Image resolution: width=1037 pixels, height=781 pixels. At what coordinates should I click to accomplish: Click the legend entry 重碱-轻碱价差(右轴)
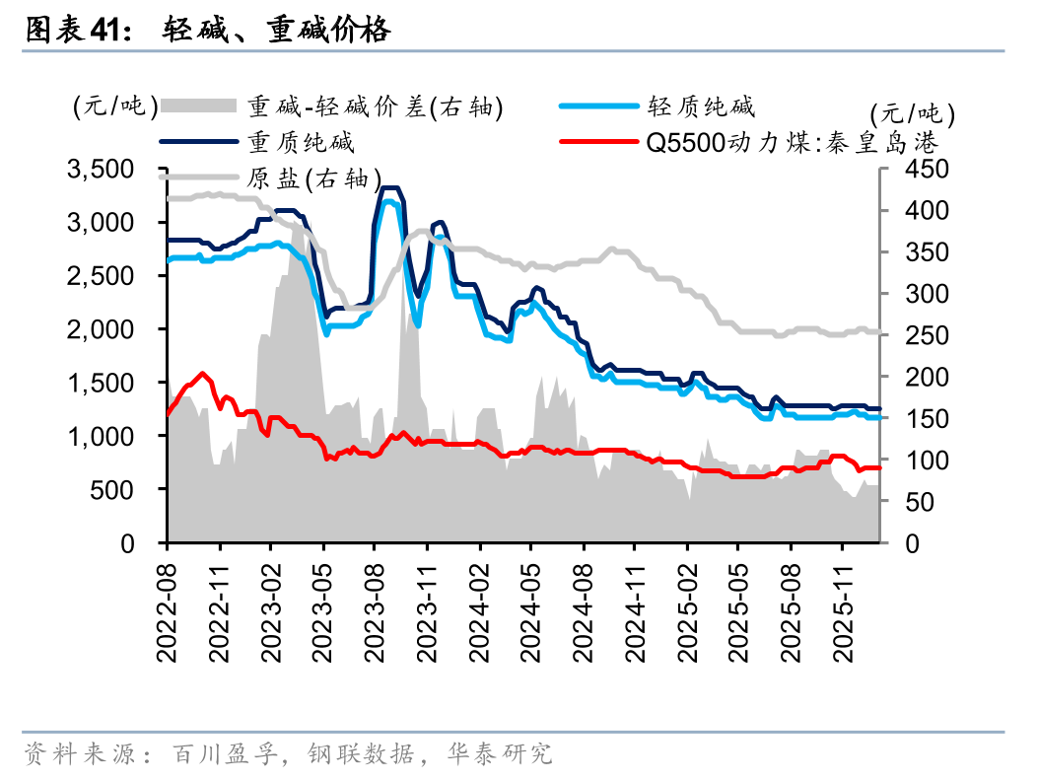(x=375, y=106)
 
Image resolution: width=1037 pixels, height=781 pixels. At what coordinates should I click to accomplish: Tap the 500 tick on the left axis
(x=121, y=489)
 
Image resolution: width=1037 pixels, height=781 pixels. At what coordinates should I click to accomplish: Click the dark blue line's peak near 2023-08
(x=390, y=187)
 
